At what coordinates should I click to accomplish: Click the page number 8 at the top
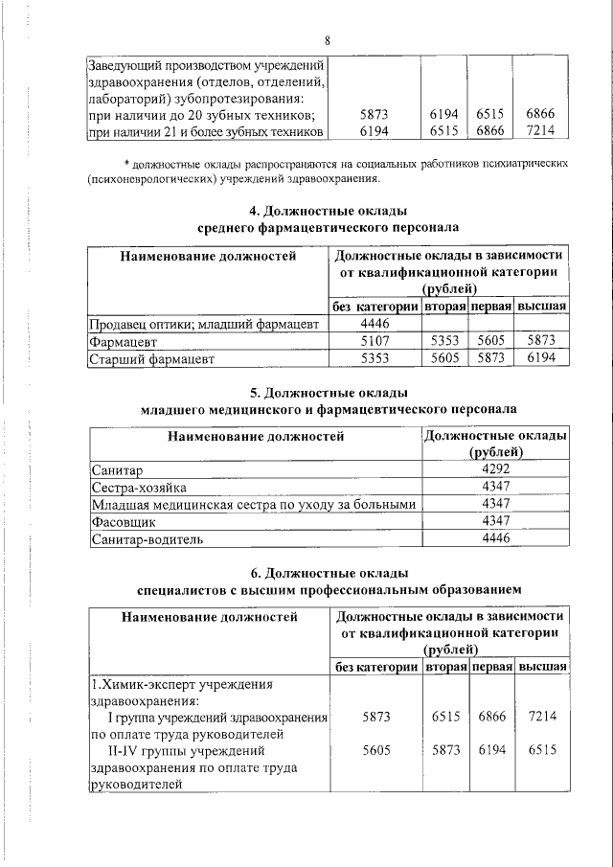(x=328, y=40)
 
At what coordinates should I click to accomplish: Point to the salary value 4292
(x=495, y=469)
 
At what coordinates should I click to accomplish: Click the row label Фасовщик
(x=122, y=522)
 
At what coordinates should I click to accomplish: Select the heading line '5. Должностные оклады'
(x=328, y=393)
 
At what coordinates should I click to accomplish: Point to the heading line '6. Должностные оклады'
(x=328, y=573)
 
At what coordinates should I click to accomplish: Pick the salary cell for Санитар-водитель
(x=495, y=539)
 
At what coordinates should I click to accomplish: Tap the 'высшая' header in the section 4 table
(x=542, y=307)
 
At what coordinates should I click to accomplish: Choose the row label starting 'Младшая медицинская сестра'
(x=254, y=505)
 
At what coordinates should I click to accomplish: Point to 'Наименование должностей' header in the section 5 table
(x=256, y=437)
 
